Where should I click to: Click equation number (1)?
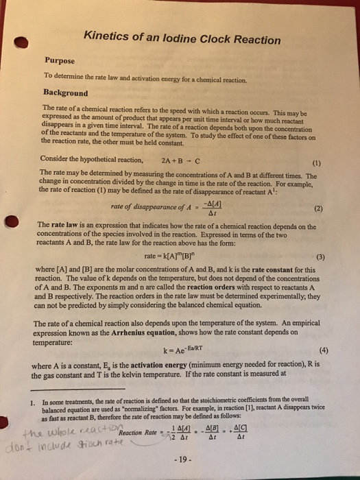tap(315, 164)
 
